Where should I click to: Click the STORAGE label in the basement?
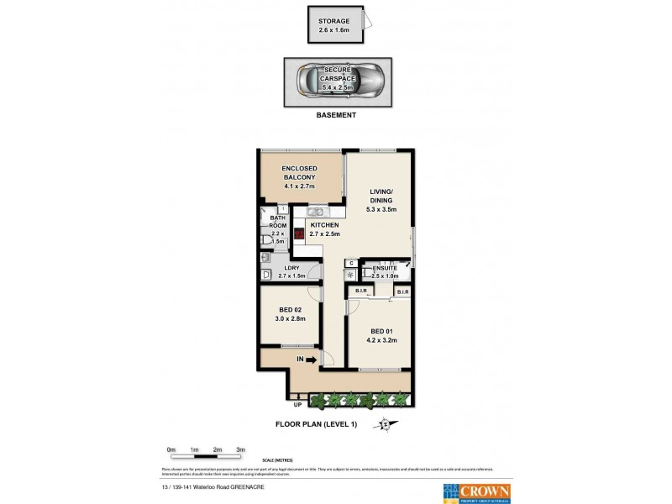(334, 20)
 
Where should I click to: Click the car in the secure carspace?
(337, 81)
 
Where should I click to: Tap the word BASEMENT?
(336, 116)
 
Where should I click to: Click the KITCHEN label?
(324, 226)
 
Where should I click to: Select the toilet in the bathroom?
(267, 240)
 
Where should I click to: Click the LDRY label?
(288, 268)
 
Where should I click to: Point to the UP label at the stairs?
(297, 405)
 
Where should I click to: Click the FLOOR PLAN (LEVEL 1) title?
(316, 424)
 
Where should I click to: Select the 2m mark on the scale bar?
(217, 450)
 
